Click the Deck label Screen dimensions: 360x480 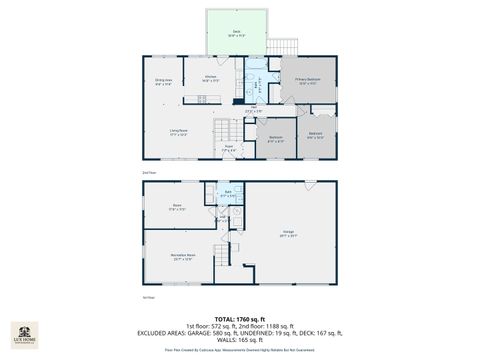(x=237, y=33)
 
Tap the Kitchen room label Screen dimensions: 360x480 (x=211, y=78)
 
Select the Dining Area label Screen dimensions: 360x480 (x=164, y=83)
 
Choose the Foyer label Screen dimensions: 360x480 (x=228, y=147)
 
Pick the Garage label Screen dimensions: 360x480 (x=288, y=233)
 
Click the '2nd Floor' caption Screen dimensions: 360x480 (x=149, y=172)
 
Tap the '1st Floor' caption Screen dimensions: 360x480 (x=149, y=297)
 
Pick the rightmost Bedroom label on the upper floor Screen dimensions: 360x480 (x=315, y=135)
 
